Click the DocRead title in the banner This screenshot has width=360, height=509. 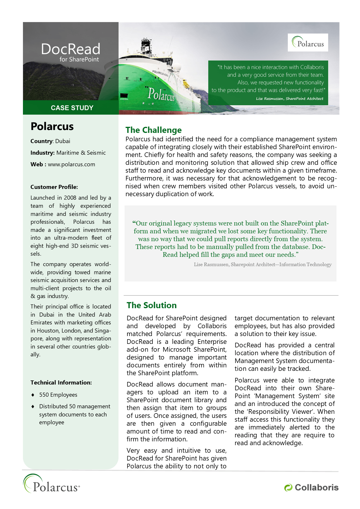click(71, 49)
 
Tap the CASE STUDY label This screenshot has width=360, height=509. click(72, 108)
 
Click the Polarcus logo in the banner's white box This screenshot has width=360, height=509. click(308, 43)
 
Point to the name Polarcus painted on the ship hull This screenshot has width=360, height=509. click(161, 94)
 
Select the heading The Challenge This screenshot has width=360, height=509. click(153, 130)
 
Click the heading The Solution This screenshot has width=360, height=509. click(152, 305)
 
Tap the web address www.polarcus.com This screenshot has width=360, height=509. click(71, 164)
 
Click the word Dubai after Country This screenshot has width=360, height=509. click(63, 141)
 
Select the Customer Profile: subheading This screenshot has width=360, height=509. click(54, 187)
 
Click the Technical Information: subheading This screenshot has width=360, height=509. click(61, 382)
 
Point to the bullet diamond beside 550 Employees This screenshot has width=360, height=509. click(33, 395)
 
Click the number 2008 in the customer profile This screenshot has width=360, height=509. click(70, 198)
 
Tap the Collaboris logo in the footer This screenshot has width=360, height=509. click(311, 488)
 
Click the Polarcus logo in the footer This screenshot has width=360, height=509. click(51, 484)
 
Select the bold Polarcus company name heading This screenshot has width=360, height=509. click(52, 127)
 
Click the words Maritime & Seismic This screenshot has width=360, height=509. click(81, 153)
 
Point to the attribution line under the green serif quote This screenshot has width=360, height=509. click(262, 264)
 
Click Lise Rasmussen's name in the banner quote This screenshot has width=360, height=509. click(269, 99)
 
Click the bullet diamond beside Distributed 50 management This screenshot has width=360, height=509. click(33, 407)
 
